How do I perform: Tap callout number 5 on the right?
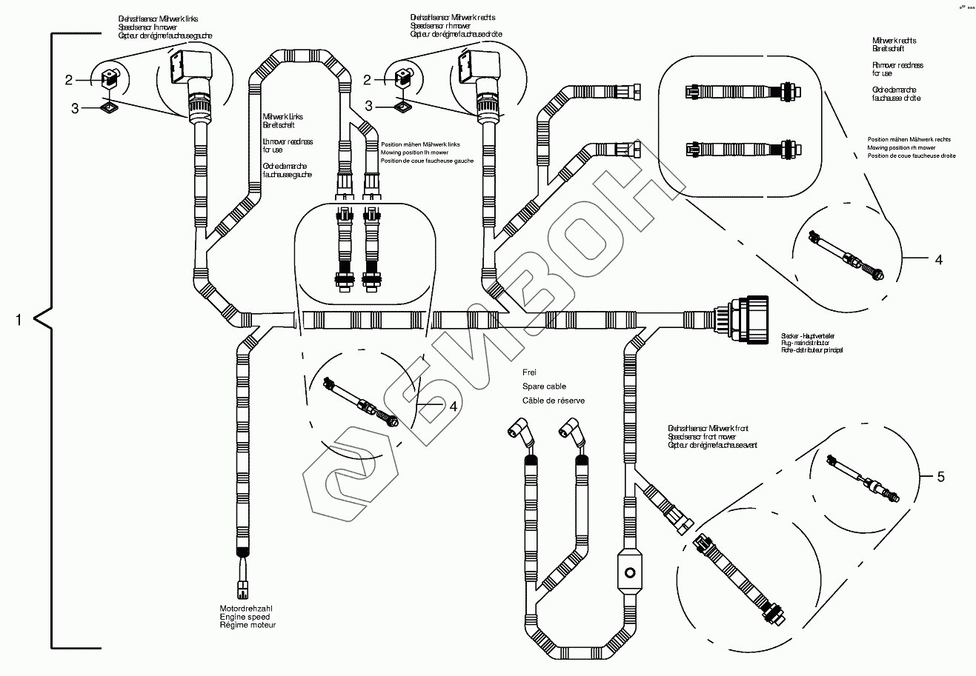click(940, 477)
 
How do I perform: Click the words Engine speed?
click(244, 617)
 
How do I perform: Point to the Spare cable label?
click(545, 386)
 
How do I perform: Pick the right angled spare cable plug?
click(571, 431)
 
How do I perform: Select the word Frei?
click(529, 372)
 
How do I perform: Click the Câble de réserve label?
click(554, 401)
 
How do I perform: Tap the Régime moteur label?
click(247, 625)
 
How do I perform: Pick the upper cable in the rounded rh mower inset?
click(738, 92)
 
